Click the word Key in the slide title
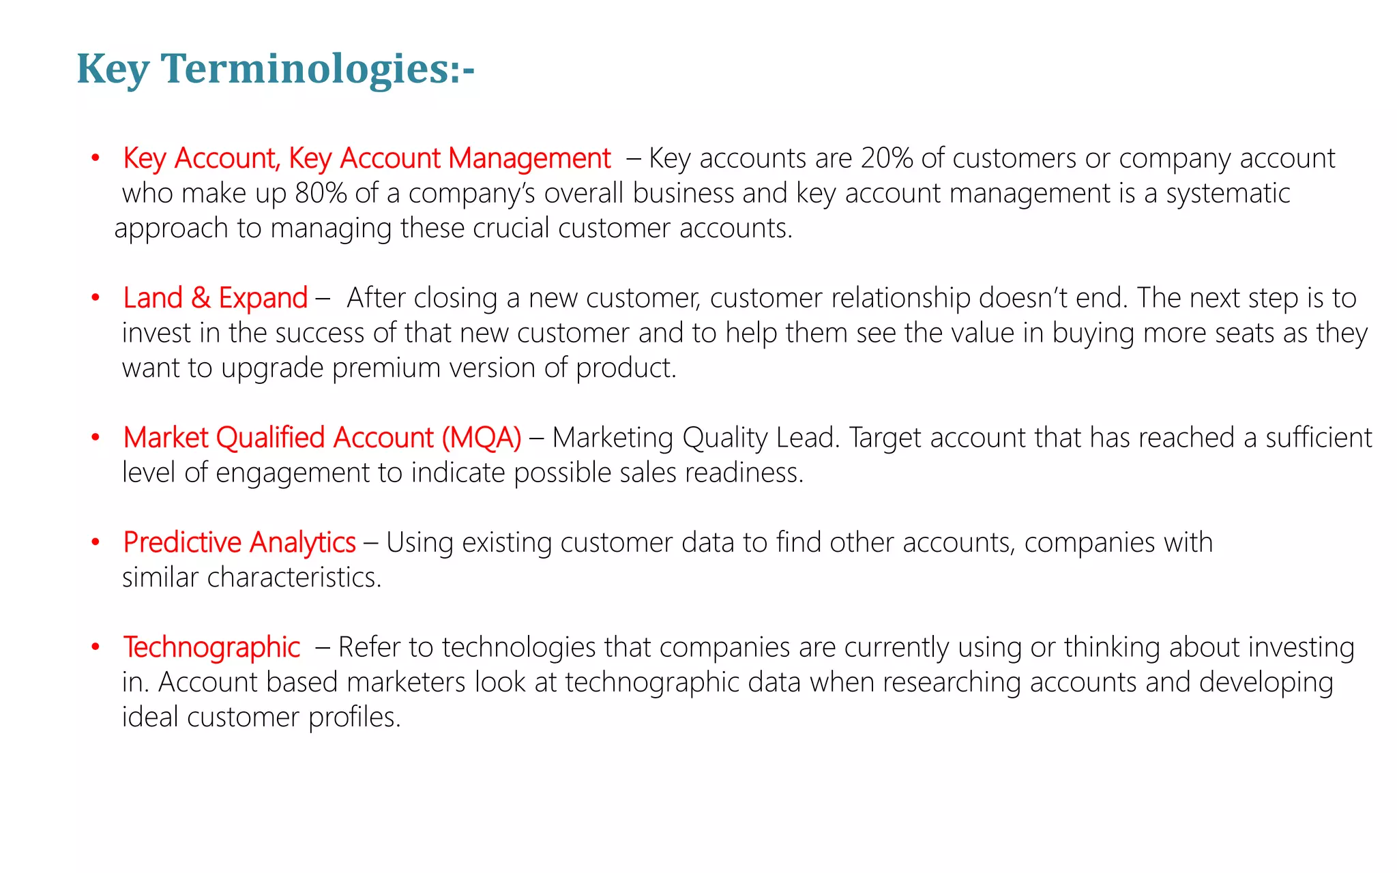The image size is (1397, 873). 113,70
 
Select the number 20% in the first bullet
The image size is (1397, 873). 887,158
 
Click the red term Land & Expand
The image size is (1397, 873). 216,298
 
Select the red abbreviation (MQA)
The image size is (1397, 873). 482,438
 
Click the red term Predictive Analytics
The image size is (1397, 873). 239,543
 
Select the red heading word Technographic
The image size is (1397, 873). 211,648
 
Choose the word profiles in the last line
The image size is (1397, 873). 354,717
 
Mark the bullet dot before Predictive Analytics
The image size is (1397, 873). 96,543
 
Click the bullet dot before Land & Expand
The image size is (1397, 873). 96,298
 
